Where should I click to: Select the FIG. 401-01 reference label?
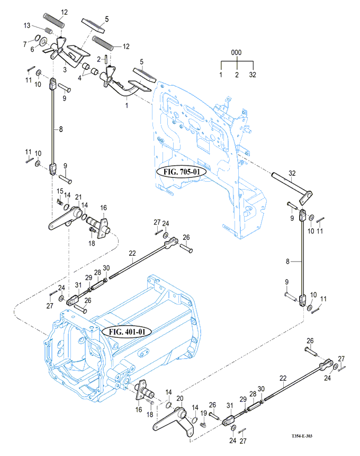pos(130,332)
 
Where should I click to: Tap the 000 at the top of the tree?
pos(236,53)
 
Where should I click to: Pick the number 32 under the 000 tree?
pos(253,75)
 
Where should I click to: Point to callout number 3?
pos(65,69)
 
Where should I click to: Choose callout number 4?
pos(80,77)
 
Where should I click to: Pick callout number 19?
pos(203,413)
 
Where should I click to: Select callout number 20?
pos(180,398)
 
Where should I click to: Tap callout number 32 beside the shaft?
pos(291,173)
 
